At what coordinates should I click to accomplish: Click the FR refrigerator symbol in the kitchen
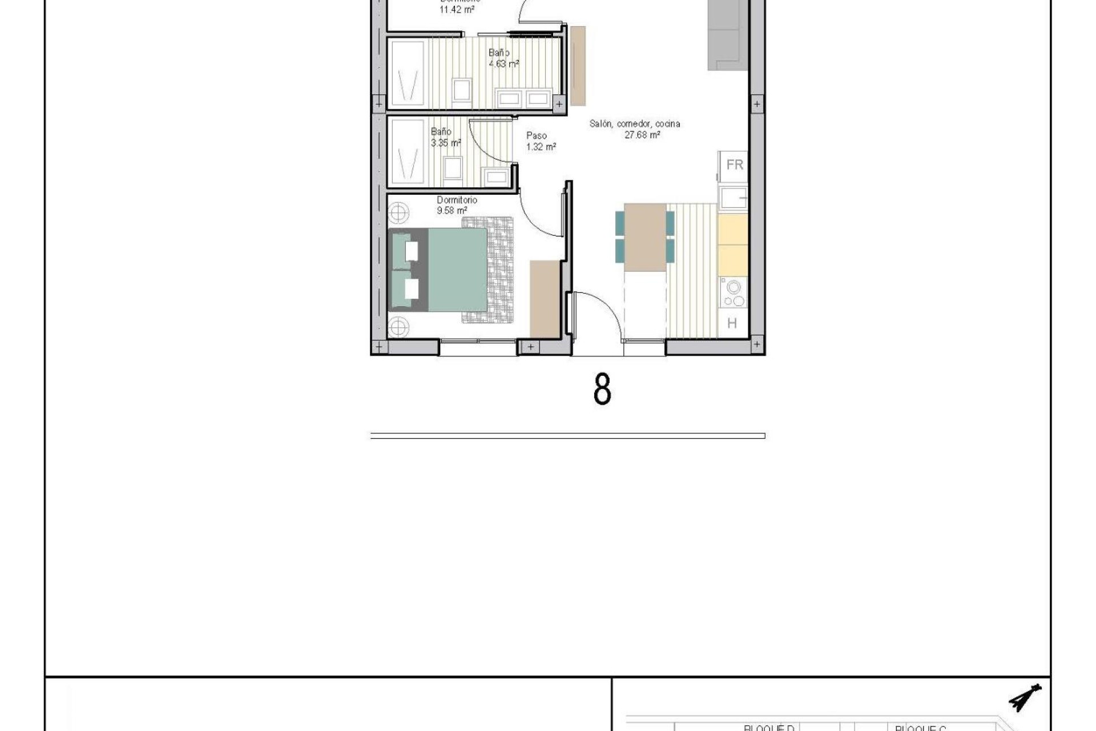click(x=734, y=165)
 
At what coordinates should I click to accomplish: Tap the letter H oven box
click(x=732, y=323)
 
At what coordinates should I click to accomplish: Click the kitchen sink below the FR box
click(x=733, y=198)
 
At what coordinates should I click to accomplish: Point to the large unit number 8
click(x=602, y=390)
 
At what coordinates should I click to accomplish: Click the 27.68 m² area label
click(x=642, y=135)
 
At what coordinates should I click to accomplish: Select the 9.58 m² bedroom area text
click(x=452, y=211)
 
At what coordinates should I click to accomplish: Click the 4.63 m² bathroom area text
click(x=503, y=64)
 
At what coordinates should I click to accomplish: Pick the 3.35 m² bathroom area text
click(x=446, y=143)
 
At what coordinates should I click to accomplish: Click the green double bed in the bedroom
click(x=451, y=270)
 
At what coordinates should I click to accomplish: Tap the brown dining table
click(x=645, y=236)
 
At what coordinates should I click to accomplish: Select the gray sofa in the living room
click(x=727, y=34)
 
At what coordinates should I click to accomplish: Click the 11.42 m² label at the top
click(x=457, y=10)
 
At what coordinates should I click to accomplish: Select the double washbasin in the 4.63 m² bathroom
click(x=524, y=99)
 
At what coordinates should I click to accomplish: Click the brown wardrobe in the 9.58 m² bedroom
click(x=545, y=298)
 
